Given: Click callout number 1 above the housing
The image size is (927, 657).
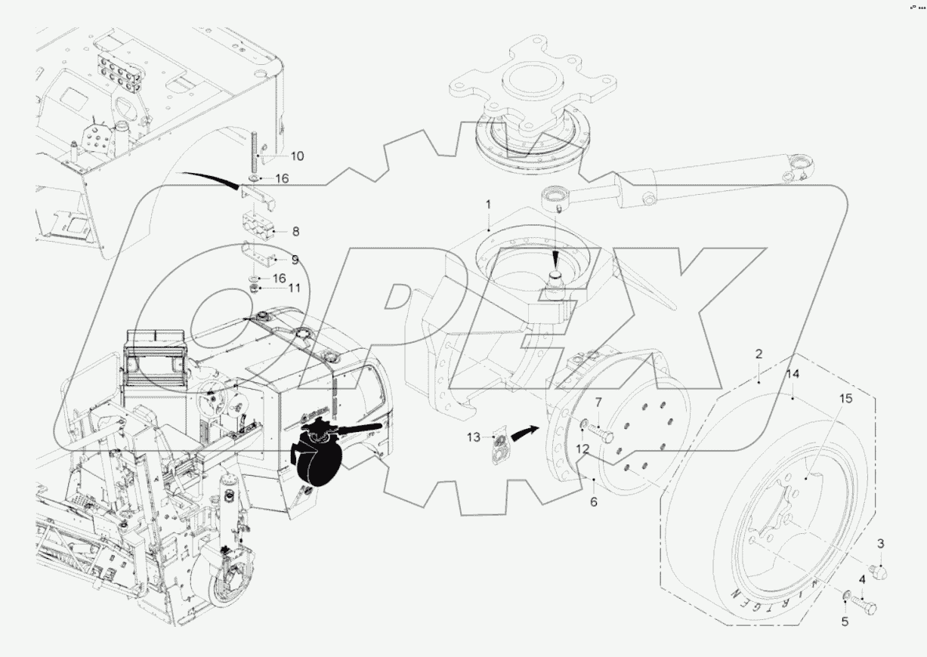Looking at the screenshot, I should point(488,204).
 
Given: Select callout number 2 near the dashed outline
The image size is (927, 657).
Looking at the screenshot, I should point(759,353).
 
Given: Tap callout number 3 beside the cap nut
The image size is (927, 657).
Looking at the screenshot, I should point(880,544).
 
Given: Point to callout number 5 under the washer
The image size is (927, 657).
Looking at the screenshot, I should point(845,622).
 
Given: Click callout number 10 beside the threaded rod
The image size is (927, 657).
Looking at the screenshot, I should point(276,156).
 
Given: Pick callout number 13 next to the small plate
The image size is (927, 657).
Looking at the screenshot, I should point(473,436).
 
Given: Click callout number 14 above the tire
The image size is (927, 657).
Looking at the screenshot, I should point(792,374).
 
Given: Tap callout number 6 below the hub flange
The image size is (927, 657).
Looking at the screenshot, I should point(593,501).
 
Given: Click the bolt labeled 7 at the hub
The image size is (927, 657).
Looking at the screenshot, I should point(601,433).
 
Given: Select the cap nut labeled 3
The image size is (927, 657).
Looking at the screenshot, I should point(879,572).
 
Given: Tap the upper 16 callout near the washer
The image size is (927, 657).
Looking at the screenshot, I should point(281,179).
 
